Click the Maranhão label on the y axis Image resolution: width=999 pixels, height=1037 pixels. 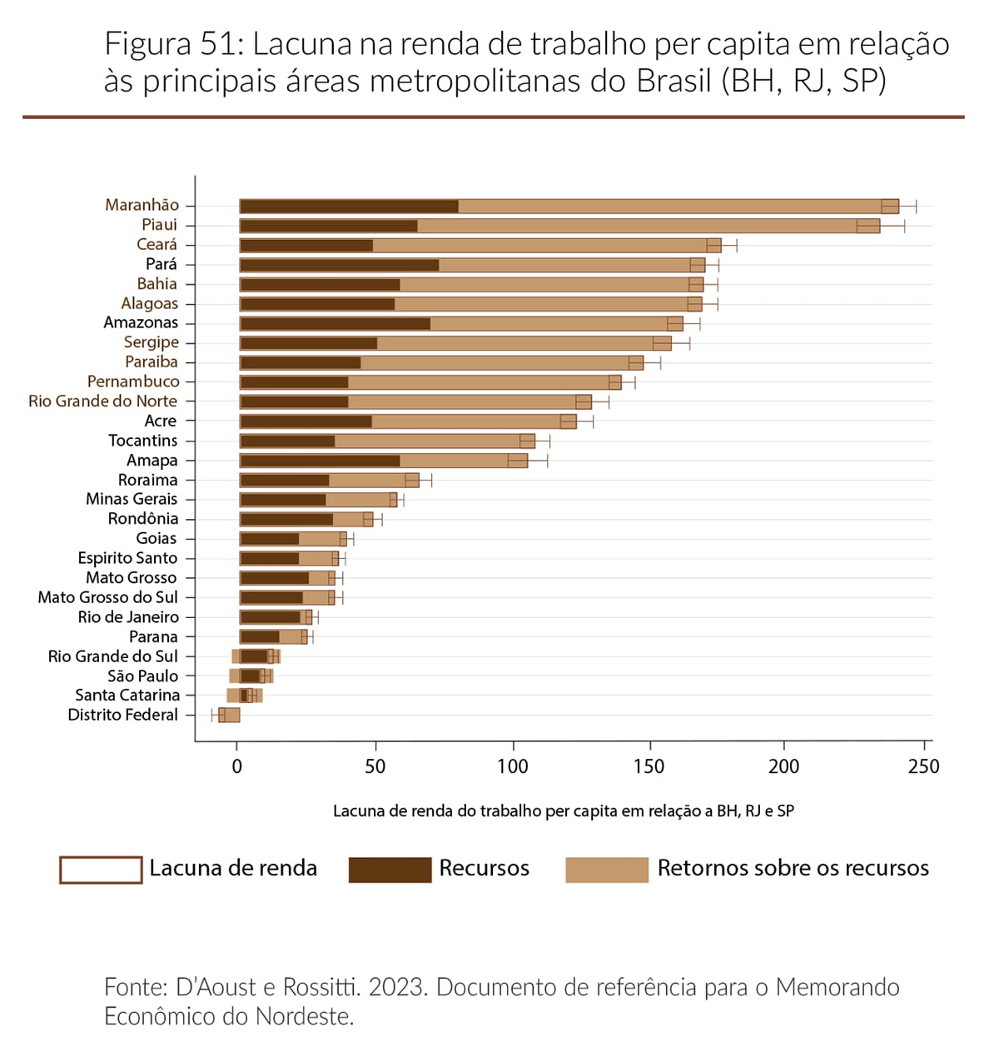142,205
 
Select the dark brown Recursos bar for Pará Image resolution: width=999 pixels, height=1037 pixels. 340,265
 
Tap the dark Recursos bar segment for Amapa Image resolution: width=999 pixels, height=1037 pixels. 321,461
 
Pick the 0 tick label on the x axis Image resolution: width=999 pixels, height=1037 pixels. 238,766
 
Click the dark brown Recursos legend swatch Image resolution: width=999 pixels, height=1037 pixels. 390,870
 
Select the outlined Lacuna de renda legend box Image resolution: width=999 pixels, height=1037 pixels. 101,870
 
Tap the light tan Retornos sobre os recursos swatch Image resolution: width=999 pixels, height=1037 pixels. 606,870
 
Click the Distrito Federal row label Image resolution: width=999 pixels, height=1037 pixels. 122,715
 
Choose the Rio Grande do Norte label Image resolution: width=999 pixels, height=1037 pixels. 102,401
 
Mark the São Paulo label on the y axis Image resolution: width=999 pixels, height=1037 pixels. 142,676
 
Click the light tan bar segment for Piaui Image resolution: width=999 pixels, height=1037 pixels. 637,226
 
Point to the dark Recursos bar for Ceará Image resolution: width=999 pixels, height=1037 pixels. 306,246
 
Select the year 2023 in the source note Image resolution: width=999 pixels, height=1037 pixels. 398,987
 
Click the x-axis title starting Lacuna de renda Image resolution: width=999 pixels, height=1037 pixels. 564,810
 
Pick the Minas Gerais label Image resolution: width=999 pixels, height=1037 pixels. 132,499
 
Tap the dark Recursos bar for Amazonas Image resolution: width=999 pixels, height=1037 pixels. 335,324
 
